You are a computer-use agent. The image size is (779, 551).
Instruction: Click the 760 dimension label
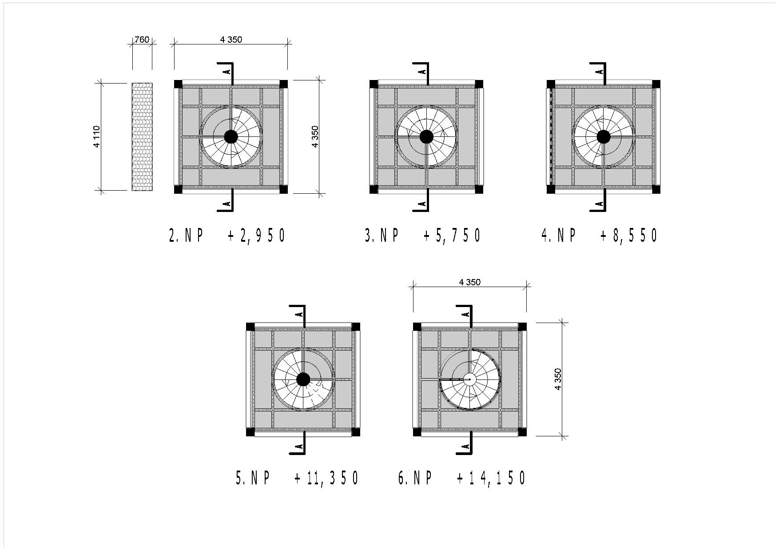coord(142,40)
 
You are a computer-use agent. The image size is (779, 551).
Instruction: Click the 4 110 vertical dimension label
coord(97,137)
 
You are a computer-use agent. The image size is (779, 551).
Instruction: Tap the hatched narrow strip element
coord(142,137)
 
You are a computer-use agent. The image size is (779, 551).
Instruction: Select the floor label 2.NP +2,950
coord(227,236)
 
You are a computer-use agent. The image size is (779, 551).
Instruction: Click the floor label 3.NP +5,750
coord(423,236)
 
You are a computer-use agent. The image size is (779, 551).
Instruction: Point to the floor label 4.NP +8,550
coord(599,236)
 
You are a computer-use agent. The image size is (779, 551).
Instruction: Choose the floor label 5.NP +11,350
coord(297,478)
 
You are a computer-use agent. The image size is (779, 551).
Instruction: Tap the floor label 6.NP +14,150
coord(462,478)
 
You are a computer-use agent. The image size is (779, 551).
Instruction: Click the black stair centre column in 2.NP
coord(231,136)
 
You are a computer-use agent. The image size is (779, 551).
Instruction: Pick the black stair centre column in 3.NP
coord(426,136)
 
